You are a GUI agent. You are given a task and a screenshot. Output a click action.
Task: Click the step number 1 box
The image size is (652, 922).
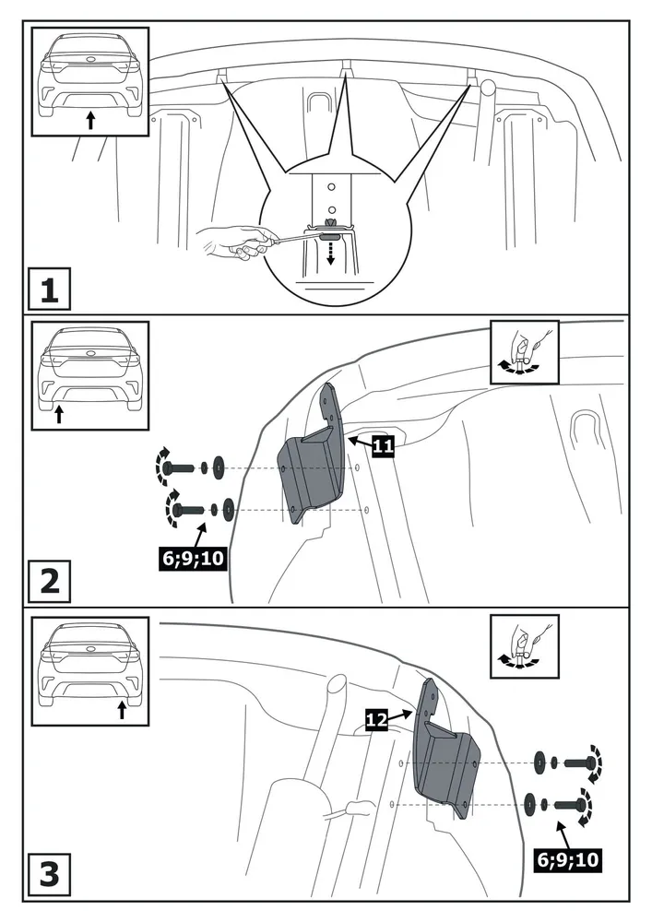(x=48, y=292)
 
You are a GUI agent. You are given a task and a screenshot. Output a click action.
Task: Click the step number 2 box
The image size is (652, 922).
(x=48, y=582)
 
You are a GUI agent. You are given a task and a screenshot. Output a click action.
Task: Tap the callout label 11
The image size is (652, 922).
(x=384, y=447)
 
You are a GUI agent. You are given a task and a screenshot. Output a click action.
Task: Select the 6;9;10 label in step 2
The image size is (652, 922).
(x=192, y=558)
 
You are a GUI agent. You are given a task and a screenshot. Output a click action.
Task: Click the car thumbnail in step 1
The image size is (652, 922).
(x=89, y=80)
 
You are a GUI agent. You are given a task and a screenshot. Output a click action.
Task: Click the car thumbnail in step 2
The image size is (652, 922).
(x=89, y=375)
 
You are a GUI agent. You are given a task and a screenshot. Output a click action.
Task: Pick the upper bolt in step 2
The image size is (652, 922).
(x=184, y=467)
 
